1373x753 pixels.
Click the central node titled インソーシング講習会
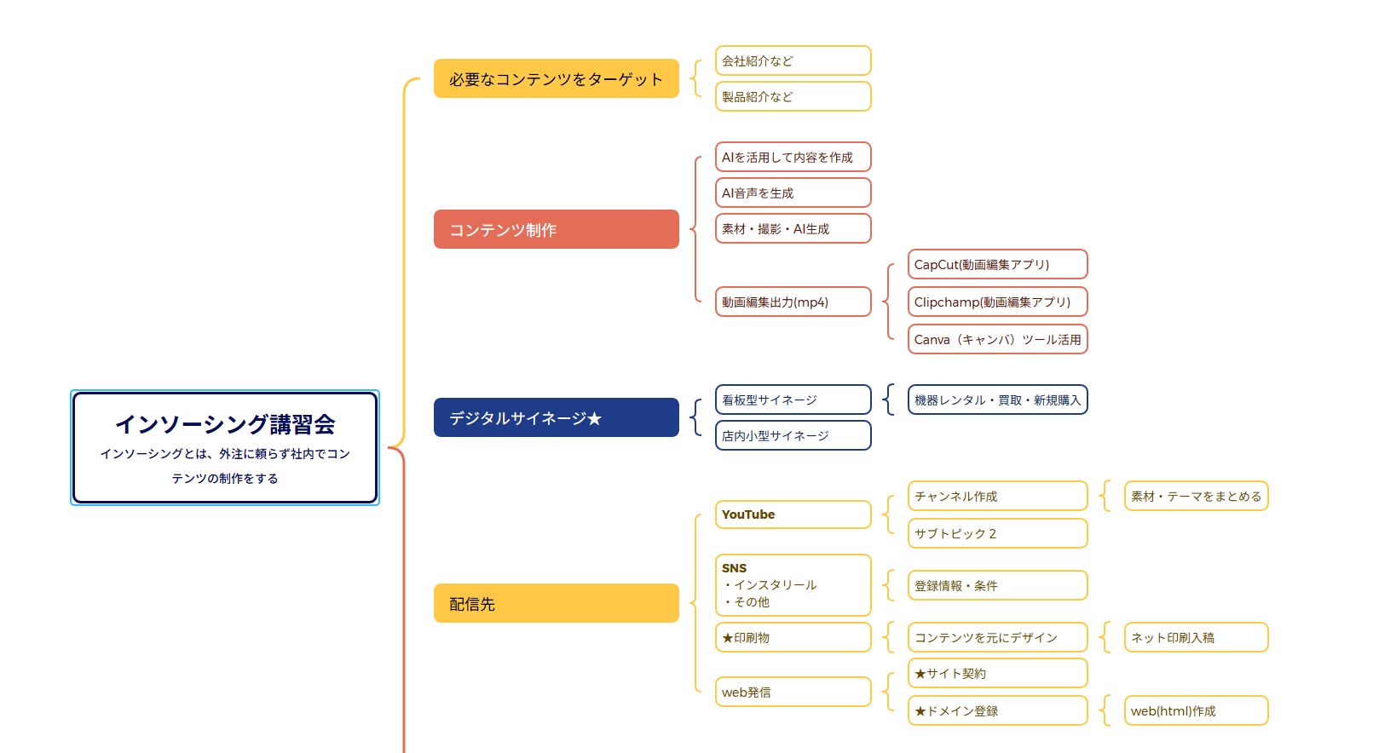[225, 447]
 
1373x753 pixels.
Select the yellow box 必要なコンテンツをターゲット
[556, 78]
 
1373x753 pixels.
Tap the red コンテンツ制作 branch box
[556, 229]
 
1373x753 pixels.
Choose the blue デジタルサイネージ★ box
[556, 417]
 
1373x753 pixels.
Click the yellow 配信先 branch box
[556, 603]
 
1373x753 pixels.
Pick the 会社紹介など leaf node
[793, 60]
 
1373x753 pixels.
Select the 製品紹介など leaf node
[793, 96]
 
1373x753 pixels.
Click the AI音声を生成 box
[793, 193]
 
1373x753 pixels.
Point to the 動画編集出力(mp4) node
[793, 302]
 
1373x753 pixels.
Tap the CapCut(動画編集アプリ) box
[997, 264]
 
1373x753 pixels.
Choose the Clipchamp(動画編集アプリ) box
[997, 302]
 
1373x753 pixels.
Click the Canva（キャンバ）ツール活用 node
[997, 339]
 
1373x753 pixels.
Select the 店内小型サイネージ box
[793, 435]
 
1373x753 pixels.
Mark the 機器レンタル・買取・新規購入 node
[997, 399]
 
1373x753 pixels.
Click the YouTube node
[793, 514]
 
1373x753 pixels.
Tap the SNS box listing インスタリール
[793, 584]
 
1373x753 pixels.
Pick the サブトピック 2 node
[997, 533]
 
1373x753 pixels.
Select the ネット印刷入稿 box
[1196, 637]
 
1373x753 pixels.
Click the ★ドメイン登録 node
[997, 710]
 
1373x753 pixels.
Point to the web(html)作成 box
[1196, 710]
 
